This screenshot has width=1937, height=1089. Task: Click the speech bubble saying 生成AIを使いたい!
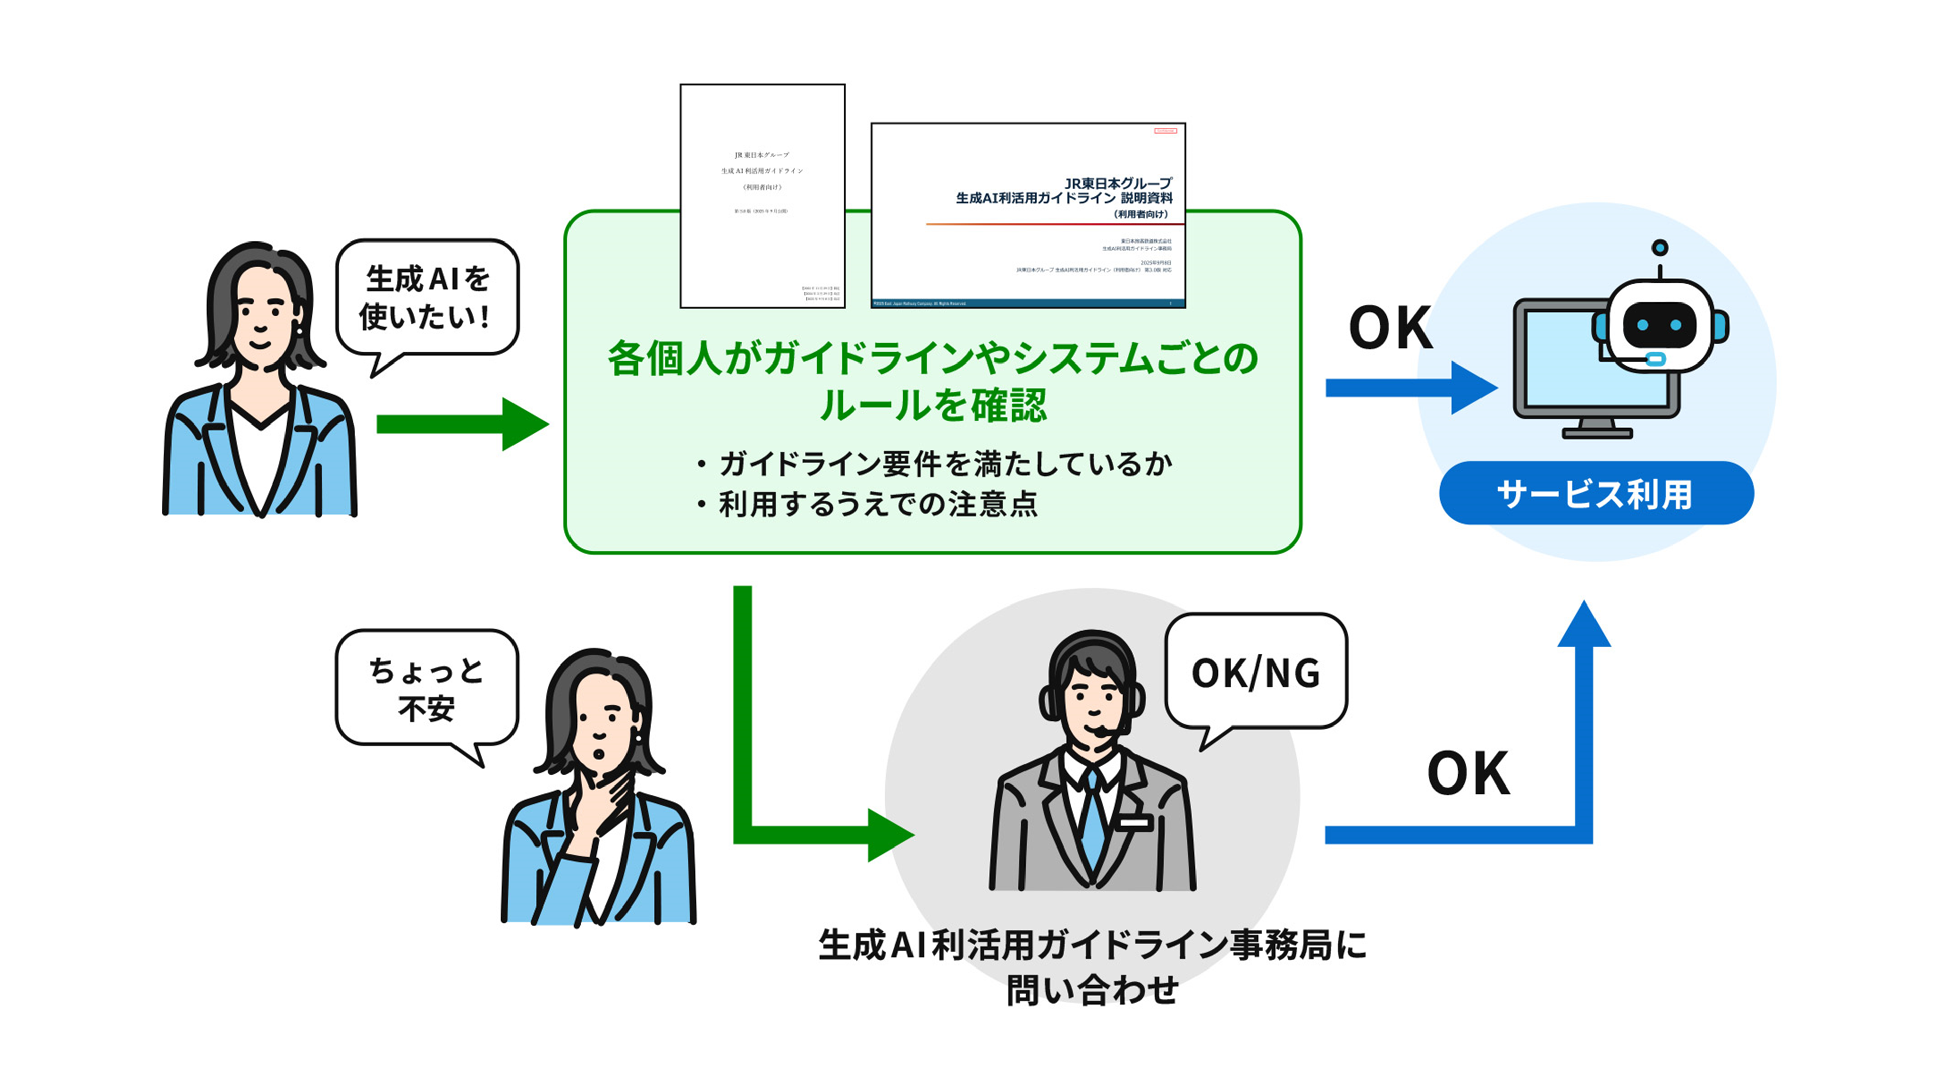[426, 297]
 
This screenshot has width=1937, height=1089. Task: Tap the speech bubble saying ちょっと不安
[426, 688]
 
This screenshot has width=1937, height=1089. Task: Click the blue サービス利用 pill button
[1596, 494]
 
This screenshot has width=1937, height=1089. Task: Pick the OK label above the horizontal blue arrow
[1390, 328]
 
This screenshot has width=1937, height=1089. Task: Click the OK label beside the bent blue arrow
[1468, 773]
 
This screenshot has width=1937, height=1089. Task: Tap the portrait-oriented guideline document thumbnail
[763, 196]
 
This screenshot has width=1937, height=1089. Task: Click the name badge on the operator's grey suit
[1134, 823]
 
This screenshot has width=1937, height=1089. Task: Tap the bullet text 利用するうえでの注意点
[878, 504]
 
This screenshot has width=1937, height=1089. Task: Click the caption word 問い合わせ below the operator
[1092, 989]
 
